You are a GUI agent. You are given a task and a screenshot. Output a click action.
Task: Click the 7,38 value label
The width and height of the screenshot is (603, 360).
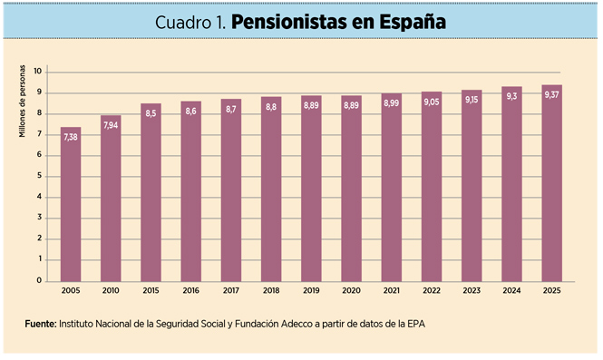tap(71, 136)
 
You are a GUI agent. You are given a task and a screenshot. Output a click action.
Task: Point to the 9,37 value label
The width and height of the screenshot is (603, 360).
tap(551, 94)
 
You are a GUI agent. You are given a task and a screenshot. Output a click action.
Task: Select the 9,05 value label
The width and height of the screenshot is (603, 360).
tap(432, 102)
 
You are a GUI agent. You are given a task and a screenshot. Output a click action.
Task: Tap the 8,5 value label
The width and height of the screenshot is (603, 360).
tap(151, 113)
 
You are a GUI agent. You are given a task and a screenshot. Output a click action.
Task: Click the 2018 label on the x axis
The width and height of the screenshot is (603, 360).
tap(271, 291)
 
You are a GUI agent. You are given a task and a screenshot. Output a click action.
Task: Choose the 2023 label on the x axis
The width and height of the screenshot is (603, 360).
tap(472, 291)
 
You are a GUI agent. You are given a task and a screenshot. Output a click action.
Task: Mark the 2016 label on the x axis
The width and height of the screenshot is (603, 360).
tap(191, 291)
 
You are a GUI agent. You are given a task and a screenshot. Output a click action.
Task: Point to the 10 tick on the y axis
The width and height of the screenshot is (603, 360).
tap(38, 72)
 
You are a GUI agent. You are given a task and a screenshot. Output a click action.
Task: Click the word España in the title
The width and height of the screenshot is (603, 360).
tap(413, 20)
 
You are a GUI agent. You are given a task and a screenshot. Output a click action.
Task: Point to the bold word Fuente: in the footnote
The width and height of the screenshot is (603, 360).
tap(40, 323)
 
